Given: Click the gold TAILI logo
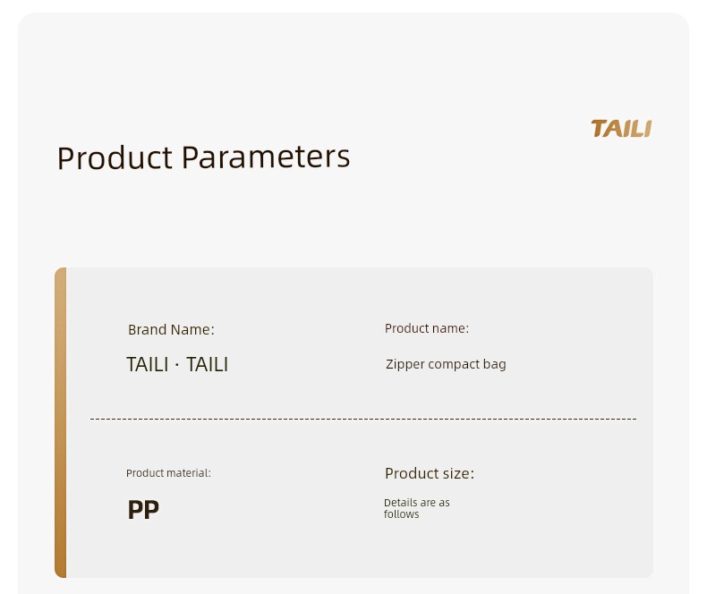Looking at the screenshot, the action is click(x=621, y=129).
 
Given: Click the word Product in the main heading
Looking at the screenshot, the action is click(x=115, y=157).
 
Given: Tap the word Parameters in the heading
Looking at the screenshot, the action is click(x=266, y=157).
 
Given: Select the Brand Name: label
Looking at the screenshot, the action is click(x=171, y=329).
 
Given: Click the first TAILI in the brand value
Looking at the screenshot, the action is click(x=148, y=365).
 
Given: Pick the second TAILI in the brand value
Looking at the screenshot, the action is click(x=208, y=365).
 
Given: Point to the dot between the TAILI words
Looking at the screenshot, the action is click(x=177, y=364).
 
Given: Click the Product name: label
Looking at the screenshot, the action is click(x=427, y=328).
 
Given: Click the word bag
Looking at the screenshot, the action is click(x=494, y=365).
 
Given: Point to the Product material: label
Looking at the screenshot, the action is click(x=168, y=473).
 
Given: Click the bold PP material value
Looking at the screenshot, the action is click(x=143, y=510).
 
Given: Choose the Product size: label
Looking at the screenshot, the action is click(x=430, y=473).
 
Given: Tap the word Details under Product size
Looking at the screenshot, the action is click(x=400, y=503).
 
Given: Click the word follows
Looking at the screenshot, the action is click(x=401, y=514).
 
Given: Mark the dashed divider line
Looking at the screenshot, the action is click(x=363, y=420).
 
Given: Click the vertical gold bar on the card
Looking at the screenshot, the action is click(x=61, y=422).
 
